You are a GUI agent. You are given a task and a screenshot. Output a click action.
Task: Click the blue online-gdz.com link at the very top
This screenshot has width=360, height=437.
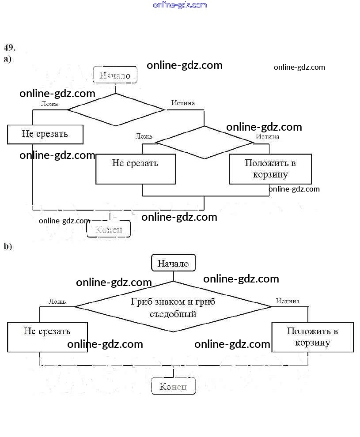tap(180, 5)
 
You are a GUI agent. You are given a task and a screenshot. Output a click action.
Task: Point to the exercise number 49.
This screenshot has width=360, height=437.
tap(10, 48)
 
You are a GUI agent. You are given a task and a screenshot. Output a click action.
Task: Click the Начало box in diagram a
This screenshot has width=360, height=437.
tap(115, 75)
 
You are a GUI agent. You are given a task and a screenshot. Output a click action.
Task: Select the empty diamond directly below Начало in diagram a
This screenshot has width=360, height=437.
tap(116, 109)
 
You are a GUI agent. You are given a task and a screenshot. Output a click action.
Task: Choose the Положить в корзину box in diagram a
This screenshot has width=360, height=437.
tap(270, 169)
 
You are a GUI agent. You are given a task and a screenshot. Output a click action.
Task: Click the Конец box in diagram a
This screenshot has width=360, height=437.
tap(109, 229)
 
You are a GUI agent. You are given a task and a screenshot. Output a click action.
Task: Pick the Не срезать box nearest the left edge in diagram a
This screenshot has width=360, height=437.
tap(45, 134)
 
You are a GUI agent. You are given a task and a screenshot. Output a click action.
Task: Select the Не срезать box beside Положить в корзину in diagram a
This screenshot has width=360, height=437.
tap(135, 169)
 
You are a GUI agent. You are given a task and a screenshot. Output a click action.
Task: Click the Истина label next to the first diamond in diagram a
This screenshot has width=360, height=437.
tap(183, 103)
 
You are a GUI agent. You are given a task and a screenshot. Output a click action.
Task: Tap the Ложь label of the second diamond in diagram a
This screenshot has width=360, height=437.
tap(144, 136)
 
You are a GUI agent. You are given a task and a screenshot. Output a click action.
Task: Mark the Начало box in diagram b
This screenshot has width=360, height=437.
tap(173, 264)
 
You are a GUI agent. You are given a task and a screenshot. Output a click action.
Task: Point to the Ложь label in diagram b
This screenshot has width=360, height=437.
tap(57, 301)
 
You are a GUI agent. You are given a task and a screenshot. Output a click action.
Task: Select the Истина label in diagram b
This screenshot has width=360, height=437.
tap(288, 301)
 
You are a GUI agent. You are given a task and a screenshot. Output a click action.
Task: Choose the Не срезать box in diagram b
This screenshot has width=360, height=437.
tap(47, 337)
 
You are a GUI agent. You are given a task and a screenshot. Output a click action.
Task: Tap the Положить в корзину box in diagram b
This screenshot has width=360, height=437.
tap(312, 337)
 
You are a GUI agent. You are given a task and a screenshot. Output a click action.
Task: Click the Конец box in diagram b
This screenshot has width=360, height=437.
tap(173, 387)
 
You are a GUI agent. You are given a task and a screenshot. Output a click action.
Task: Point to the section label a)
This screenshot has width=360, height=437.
tap(8, 59)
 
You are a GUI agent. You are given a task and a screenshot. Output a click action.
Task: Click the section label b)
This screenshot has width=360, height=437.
tap(8, 246)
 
